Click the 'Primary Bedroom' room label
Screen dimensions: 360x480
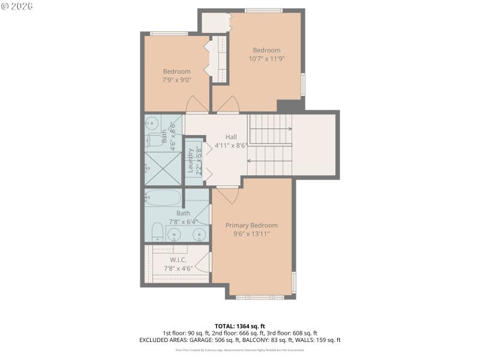click(x=251, y=225)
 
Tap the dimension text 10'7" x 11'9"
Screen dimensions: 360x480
click(x=266, y=59)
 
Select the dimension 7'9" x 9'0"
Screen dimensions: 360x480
click(x=176, y=80)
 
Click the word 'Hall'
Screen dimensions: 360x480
click(x=231, y=136)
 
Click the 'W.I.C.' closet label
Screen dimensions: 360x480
click(x=178, y=260)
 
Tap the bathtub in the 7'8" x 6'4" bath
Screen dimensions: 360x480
click(x=163, y=198)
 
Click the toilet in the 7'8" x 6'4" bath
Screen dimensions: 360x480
click(x=156, y=232)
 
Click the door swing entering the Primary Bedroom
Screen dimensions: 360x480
click(x=227, y=194)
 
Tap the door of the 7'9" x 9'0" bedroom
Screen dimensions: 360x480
click(x=197, y=106)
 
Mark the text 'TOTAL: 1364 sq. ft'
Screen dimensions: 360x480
click(x=239, y=326)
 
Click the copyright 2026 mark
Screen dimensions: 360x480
click(x=17, y=5)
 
